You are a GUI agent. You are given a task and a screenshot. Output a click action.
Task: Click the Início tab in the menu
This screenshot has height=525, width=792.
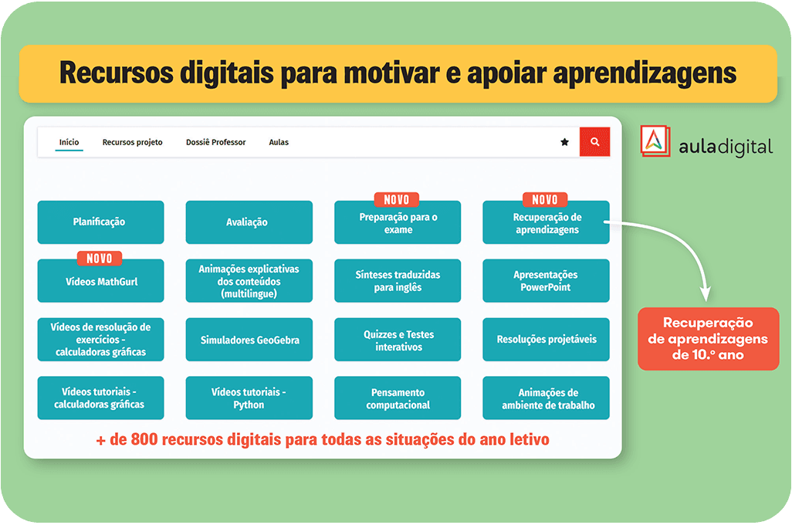[69, 143]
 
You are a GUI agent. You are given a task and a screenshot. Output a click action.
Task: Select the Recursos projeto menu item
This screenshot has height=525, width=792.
[132, 143]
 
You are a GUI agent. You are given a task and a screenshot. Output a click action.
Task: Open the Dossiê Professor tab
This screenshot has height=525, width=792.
[215, 143]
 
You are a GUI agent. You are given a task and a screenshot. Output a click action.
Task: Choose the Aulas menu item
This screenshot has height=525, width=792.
[279, 143]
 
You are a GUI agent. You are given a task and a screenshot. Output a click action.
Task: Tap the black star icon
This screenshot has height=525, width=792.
[565, 142]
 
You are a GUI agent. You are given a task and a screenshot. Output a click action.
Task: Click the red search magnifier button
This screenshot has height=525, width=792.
[594, 142]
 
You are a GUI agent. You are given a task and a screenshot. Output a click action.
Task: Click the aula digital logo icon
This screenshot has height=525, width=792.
[655, 141]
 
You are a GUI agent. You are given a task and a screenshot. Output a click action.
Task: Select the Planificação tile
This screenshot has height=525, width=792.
[100, 222]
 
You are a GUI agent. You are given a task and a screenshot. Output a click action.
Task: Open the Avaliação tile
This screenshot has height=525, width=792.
[249, 222]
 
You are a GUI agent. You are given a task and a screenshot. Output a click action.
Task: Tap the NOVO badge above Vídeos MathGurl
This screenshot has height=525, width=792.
[100, 259]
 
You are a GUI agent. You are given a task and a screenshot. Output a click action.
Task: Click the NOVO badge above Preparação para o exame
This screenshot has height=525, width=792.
[397, 200]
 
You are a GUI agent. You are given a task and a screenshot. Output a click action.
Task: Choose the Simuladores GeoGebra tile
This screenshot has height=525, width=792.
[249, 340]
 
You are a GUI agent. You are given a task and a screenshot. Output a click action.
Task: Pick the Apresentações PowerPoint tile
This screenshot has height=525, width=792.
[546, 281]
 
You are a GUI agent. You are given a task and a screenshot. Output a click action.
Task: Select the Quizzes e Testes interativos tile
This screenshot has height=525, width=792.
[398, 340]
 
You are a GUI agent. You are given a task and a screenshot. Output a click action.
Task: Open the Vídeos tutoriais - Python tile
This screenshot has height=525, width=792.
[249, 398]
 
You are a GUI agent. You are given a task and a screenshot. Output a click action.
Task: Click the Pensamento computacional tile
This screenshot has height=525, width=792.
[398, 398]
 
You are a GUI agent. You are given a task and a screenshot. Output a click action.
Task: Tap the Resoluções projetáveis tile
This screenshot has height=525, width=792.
[546, 340]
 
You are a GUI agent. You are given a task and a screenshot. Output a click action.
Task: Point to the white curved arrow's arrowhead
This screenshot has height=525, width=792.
[706, 295]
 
